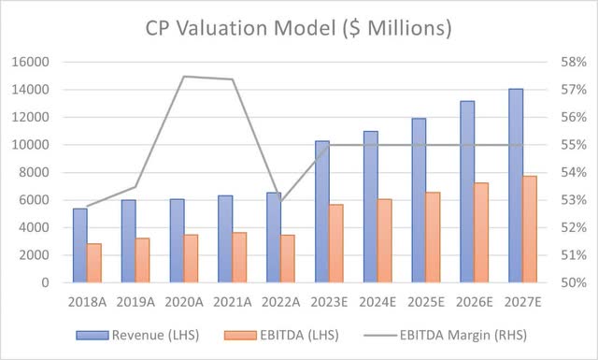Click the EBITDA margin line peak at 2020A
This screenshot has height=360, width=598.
pos(184,77)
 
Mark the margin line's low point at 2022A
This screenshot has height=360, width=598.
pos(280,202)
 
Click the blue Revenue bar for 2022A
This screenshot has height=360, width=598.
pos(274,238)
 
